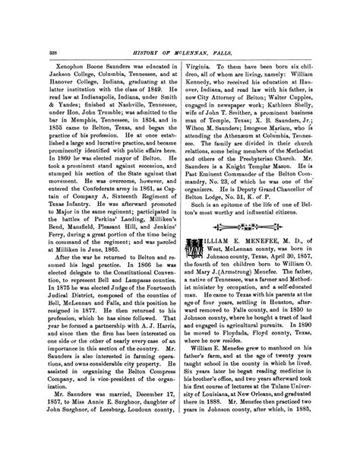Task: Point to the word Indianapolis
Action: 84,76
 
